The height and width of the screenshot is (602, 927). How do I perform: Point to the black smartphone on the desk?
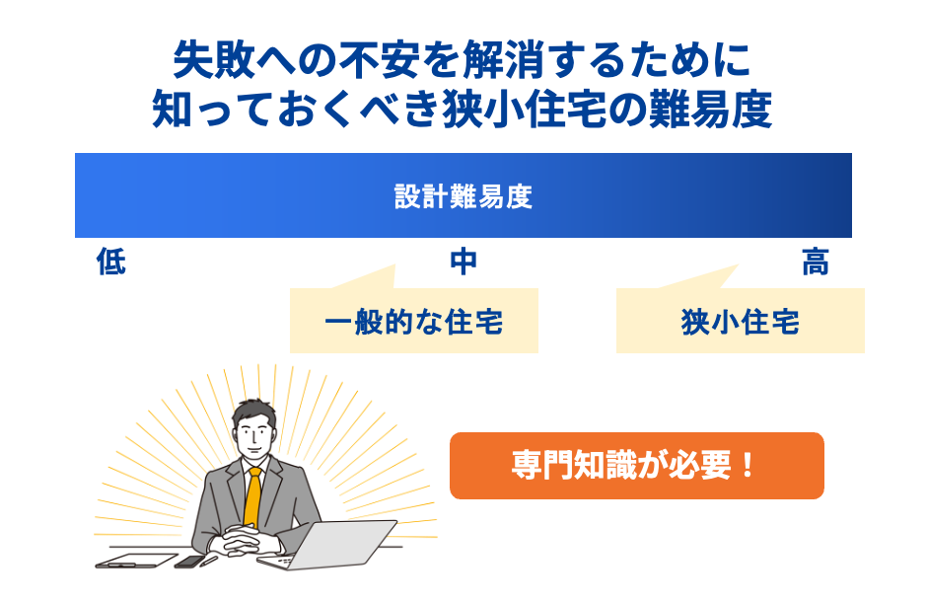tap(187, 562)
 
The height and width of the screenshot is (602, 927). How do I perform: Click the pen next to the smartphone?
tap(209, 560)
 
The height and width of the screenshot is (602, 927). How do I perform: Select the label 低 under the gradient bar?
tap(111, 263)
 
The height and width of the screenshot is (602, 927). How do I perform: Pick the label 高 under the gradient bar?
tap(816, 263)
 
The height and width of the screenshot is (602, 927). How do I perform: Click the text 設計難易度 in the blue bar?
tap(463, 196)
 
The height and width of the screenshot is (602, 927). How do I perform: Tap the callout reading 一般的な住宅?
tap(414, 322)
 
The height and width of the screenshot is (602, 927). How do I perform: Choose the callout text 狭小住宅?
tap(741, 322)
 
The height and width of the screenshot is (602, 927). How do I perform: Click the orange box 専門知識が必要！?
tap(636, 465)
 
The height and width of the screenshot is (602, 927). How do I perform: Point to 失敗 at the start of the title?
tap(201, 61)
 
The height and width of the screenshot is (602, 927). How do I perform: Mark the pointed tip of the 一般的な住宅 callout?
tap(393, 266)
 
